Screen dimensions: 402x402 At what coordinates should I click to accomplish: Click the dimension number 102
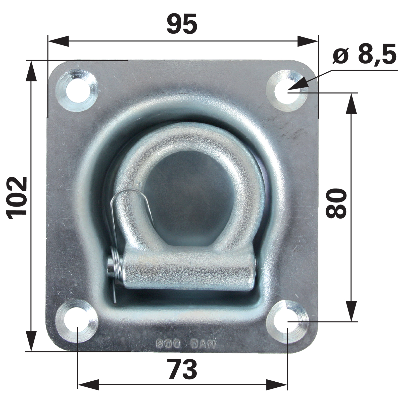(x=18, y=198)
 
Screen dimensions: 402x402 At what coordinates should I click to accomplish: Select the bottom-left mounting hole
(x=77, y=321)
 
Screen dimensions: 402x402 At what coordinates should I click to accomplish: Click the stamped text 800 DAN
(x=185, y=344)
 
